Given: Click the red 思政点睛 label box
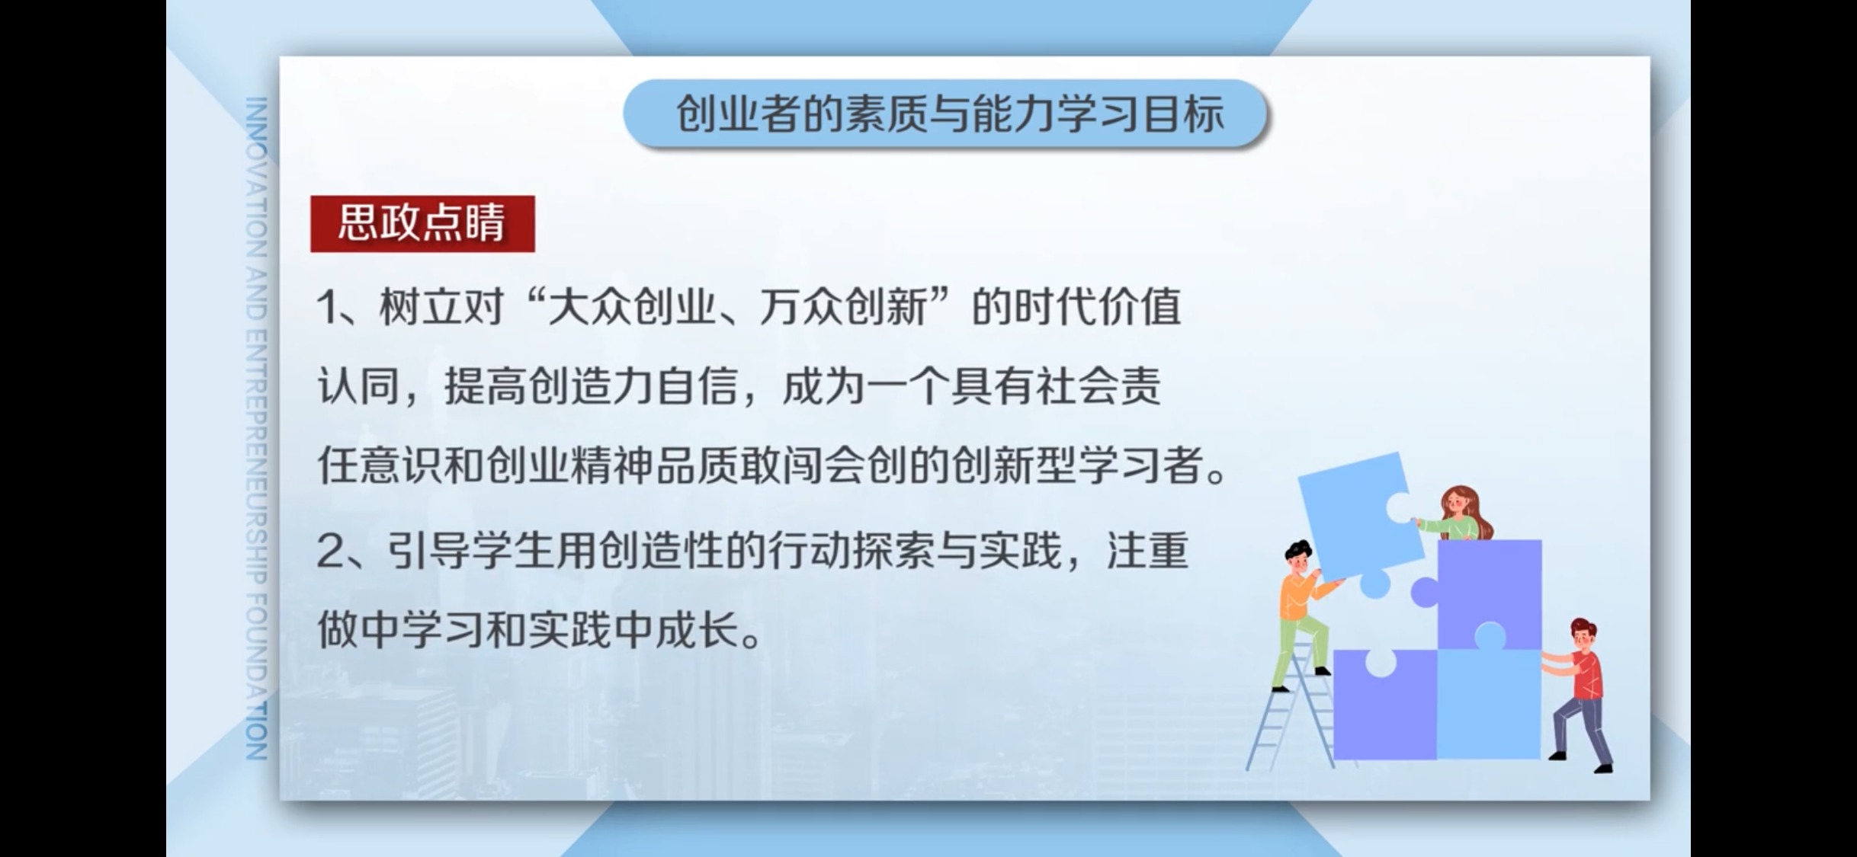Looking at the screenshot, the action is (x=422, y=223).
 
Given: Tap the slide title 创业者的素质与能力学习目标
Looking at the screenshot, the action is (x=950, y=114).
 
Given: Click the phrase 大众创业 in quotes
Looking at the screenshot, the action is (x=632, y=308).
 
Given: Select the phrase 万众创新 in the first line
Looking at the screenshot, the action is (x=843, y=308).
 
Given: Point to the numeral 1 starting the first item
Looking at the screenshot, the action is (x=328, y=309).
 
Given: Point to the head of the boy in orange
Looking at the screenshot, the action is (x=1297, y=558).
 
